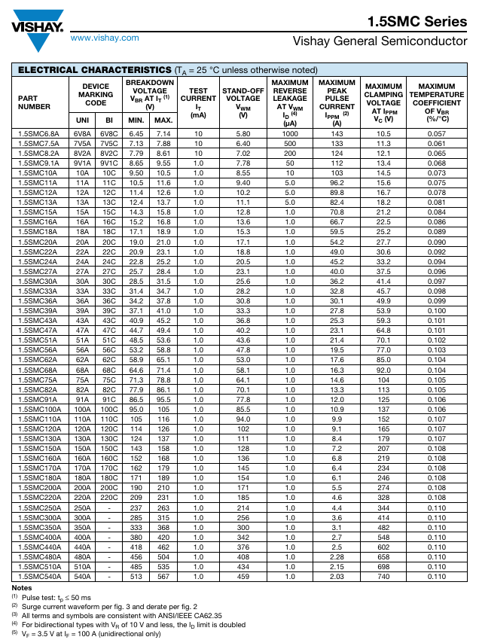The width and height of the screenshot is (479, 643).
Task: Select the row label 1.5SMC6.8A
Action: [x=38, y=133]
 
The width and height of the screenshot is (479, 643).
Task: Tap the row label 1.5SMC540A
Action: [x=40, y=576]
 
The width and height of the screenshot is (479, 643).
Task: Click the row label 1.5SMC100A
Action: [x=40, y=409]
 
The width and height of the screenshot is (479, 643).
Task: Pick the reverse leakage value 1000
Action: [x=290, y=133]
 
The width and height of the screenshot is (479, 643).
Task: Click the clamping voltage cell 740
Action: [x=383, y=576]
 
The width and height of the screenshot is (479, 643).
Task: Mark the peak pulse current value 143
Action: [x=337, y=133]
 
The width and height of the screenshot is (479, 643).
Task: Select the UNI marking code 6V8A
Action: [x=81, y=133]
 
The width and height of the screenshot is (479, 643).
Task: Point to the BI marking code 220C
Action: [x=109, y=497]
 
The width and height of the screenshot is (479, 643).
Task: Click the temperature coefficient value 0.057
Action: [x=436, y=133]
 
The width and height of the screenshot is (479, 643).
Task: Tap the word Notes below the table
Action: [x=23, y=587]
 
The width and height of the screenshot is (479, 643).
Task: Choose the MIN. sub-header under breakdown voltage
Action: [x=136, y=120]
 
